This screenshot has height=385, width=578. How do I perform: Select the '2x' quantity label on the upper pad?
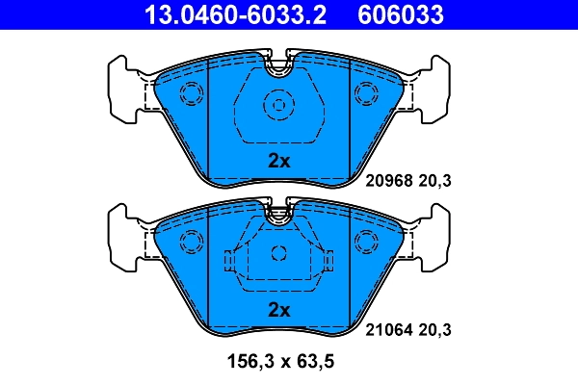click(278, 162)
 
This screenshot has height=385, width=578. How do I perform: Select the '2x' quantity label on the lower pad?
click(278, 309)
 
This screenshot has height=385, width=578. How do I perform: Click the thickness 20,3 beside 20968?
click(436, 179)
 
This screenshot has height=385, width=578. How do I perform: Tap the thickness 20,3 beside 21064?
click(436, 329)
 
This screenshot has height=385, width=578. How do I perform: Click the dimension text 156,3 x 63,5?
click(278, 363)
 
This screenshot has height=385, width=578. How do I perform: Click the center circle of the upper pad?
click(278, 105)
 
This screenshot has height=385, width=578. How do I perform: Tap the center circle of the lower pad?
click(278, 254)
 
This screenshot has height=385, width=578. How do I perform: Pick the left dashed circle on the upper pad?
click(191, 93)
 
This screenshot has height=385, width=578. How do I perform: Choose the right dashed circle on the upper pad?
click(366, 93)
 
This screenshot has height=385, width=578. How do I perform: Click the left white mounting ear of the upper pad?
click(123, 91)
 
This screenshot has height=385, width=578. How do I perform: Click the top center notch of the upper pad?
click(278, 68)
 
